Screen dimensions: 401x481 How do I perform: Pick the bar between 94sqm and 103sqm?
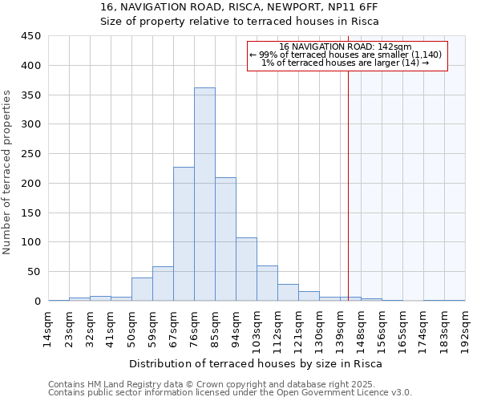click(x=246, y=269)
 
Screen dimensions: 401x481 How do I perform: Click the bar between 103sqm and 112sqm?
click(x=267, y=284)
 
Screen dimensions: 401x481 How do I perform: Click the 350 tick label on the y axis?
click(x=30, y=95)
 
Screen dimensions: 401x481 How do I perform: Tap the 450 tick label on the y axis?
click(x=30, y=36)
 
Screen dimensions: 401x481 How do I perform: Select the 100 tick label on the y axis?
click(x=30, y=242)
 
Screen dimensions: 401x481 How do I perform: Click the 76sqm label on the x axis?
click(x=194, y=326)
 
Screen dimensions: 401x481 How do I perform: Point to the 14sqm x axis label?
click(x=48, y=326)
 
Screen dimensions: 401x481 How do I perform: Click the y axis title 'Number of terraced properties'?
click(x=8, y=172)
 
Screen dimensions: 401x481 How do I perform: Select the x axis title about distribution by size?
click(x=256, y=363)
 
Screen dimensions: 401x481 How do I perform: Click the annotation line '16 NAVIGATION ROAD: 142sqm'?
click(x=346, y=47)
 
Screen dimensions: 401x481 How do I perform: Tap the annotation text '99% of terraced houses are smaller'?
click(x=342, y=55)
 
